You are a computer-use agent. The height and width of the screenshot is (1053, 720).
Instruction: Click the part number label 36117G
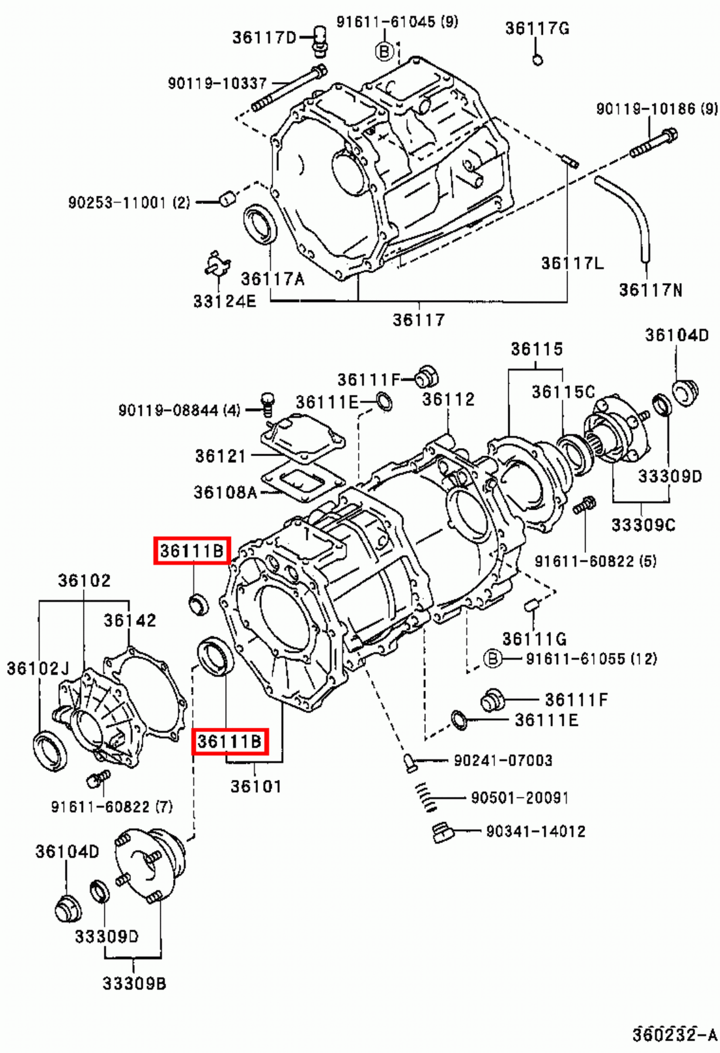click(537, 28)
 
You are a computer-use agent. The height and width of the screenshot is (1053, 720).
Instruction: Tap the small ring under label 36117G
click(537, 61)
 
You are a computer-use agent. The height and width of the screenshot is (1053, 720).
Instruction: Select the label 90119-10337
click(217, 84)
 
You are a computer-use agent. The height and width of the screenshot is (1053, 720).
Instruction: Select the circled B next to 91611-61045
click(384, 51)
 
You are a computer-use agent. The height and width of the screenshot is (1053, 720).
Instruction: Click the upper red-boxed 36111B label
click(192, 550)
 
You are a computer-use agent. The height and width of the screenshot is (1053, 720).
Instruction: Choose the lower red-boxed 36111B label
click(230, 742)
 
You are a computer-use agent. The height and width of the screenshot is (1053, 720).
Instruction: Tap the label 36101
click(255, 786)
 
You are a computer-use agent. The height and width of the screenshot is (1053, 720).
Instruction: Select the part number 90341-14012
click(535, 831)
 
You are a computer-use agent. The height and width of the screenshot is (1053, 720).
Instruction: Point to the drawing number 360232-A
click(674, 1035)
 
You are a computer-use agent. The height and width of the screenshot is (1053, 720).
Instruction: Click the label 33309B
click(134, 983)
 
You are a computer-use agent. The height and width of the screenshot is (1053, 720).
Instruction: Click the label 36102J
click(38, 669)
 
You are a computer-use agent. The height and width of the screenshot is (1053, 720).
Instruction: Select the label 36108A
click(225, 492)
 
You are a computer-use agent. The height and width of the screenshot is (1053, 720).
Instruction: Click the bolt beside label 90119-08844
click(267, 403)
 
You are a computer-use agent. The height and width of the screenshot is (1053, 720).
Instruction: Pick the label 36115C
click(563, 392)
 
